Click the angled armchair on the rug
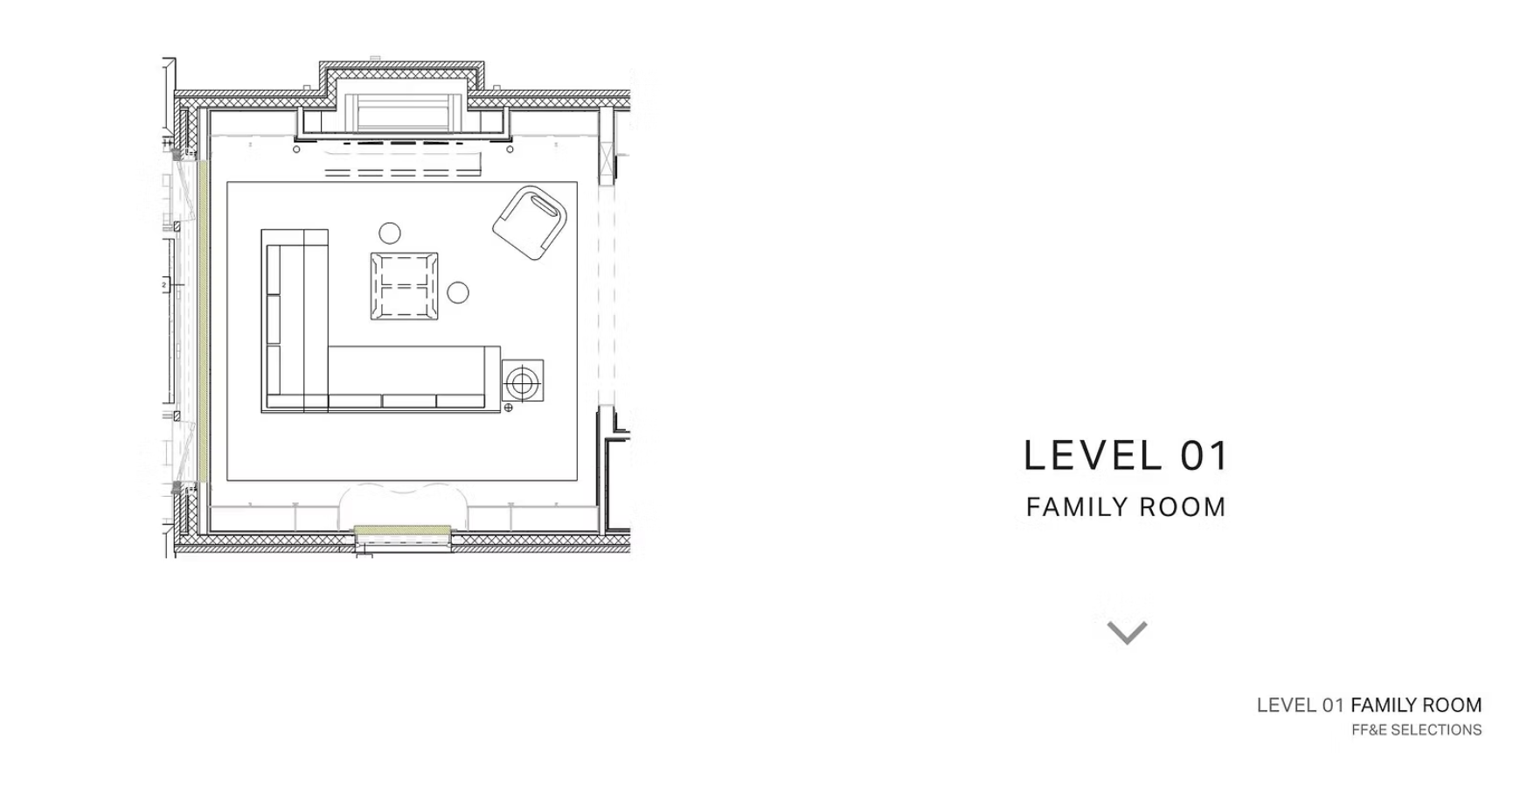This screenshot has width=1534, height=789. pos(530,222)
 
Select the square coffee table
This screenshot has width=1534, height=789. pos(404,286)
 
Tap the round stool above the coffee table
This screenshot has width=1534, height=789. pos(390,234)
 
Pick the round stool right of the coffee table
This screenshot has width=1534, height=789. pos(458,293)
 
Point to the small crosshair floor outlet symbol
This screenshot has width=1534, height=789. pos(509,407)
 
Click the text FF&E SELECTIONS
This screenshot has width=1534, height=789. pos(1416,730)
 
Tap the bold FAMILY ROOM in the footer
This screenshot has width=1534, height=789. pos(1416,705)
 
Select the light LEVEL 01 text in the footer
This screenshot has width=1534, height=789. pos(1300,705)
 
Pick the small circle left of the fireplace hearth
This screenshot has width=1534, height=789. pos(296,150)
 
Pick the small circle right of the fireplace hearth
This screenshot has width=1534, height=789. pos(510,150)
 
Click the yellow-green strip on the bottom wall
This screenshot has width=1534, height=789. pos(402,530)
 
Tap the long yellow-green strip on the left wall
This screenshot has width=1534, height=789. pos(201,321)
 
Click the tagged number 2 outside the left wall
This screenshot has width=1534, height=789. pos(164,285)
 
